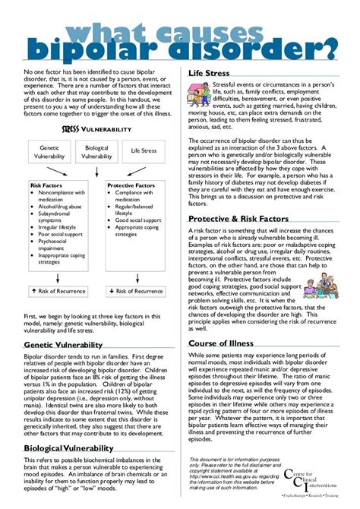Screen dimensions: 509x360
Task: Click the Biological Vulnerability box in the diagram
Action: [x=96, y=152]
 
